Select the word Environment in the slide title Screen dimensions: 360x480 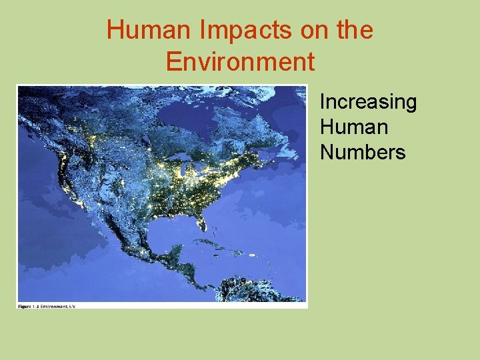tap(240, 61)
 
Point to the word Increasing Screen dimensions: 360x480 tap(368, 103)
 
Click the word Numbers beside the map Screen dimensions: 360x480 tap(363, 152)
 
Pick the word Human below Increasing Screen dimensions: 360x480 tap(353, 127)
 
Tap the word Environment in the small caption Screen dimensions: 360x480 tap(55, 306)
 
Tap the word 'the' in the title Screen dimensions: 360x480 tap(353, 31)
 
